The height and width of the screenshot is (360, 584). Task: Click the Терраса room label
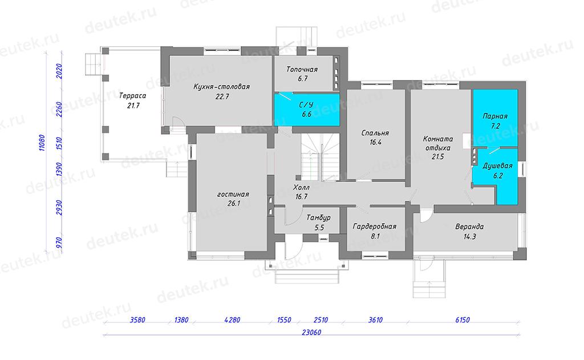click(x=132, y=96)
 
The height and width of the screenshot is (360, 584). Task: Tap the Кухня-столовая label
click(x=222, y=87)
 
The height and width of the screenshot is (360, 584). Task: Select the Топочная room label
click(x=302, y=69)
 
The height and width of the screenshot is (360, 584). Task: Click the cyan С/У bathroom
click(x=307, y=109)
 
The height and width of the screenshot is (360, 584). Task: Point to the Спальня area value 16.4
click(x=375, y=143)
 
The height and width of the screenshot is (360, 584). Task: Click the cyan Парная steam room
click(x=495, y=118)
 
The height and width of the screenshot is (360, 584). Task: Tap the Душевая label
click(x=497, y=166)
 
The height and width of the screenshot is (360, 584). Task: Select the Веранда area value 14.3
click(x=470, y=236)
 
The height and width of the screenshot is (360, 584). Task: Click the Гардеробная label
click(x=375, y=226)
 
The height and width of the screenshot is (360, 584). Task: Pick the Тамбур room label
click(x=318, y=217)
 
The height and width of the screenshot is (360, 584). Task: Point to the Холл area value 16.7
click(x=301, y=196)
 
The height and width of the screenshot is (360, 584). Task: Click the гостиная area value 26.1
click(x=233, y=204)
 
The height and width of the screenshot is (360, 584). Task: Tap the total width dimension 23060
click(x=311, y=333)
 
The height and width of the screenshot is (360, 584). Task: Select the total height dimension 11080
click(x=42, y=143)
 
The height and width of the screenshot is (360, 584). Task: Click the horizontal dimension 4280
click(x=232, y=319)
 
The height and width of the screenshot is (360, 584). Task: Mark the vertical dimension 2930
click(x=59, y=208)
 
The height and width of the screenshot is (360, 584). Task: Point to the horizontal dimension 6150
click(x=462, y=319)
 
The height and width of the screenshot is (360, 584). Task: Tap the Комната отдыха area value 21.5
click(x=437, y=157)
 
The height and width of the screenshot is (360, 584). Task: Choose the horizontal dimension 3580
click(x=137, y=319)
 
